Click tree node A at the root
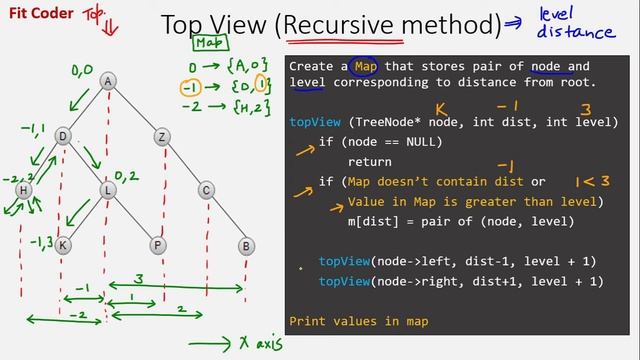coord(108,81)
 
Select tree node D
coord(63,136)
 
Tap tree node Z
coord(163,136)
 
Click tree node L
coord(108,190)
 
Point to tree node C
coord(206,190)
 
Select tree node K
coord(63,244)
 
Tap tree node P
coord(158,244)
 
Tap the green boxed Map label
coord(209,43)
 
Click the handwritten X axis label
coord(245,343)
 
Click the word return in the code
coord(369,161)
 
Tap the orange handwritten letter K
coord(440,108)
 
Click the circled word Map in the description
coord(365,66)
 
